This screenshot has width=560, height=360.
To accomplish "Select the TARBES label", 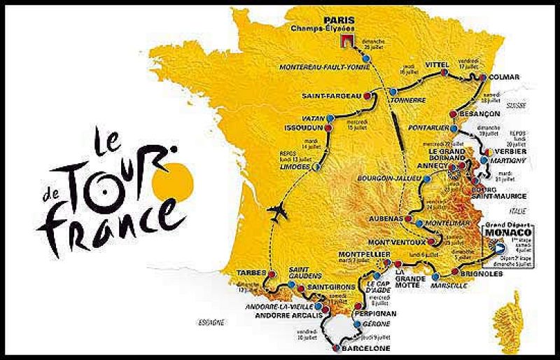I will coord(251,272).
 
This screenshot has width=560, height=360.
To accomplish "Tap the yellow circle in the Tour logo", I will coord(174,179).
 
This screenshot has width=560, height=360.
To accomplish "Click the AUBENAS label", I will coord(384,219).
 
